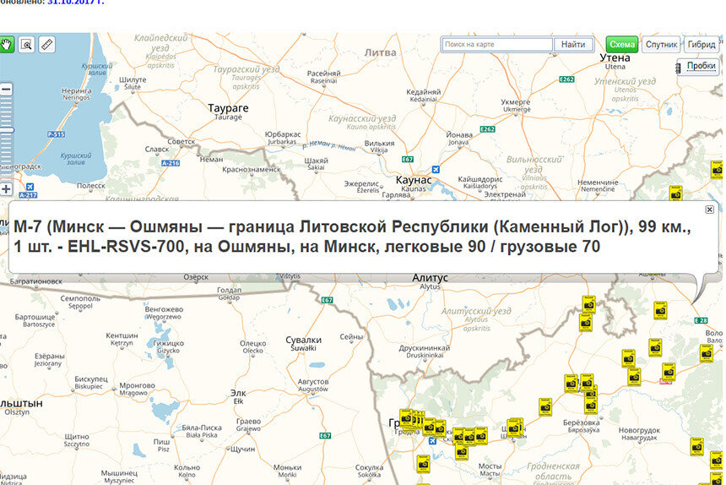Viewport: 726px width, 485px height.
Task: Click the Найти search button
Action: click(x=572, y=44)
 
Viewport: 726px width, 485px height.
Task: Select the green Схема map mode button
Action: click(x=622, y=44)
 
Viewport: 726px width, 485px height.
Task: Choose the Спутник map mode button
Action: click(x=661, y=44)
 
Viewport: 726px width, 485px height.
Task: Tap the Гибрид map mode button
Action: click(x=702, y=44)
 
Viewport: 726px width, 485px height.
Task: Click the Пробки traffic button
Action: click(x=701, y=66)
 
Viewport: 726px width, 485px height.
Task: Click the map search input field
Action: click(x=497, y=44)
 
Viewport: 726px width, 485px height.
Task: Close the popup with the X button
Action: click(x=709, y=210)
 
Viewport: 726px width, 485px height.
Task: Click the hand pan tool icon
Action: click(x=7, y=44)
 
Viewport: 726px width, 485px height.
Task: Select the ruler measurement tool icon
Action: click(x=47, y=44)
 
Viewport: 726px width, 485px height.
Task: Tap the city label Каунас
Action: click(x=414, y=180)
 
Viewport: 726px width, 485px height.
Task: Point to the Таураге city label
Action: click(x=229, y=108)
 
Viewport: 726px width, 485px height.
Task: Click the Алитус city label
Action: click(x=430, y=278)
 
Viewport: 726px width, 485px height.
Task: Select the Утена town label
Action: click(x=615, y=57)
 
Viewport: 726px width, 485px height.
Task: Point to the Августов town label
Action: click(x=313, y=382)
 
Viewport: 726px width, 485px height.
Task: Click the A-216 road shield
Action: click(x=171, y=162)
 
